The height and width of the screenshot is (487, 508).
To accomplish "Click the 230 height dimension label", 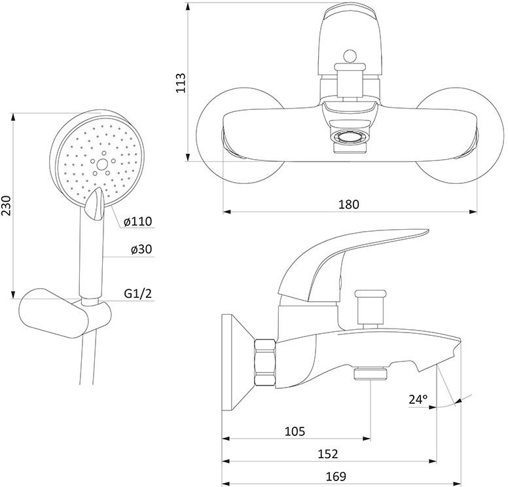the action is [7, 206].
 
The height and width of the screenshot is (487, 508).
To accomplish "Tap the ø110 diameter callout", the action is [138, 222].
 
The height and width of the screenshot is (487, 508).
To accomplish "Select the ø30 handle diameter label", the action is [141, 249].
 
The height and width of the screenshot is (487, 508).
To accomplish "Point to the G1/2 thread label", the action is [138, 293].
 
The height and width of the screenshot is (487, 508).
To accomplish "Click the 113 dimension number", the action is [181, 83].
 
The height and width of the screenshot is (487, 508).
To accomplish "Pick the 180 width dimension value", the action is [349, 204].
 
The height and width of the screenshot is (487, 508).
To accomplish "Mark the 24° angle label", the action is [418, 399].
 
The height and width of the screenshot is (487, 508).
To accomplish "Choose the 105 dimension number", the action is [295, 431].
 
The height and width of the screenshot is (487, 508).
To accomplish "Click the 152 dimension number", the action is [327, 454].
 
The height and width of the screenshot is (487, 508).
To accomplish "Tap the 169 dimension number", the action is [336, 477].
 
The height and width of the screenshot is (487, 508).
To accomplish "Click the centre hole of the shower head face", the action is [102, 165].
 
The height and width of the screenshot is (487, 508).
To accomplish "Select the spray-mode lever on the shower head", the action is [94, 205].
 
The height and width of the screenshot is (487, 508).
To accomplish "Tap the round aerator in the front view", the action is [350, 136].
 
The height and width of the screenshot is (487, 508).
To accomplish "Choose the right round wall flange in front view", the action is [460, 135].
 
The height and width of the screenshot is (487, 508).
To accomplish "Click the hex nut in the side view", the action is [264, 362].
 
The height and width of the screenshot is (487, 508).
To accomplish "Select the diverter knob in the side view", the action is [371, 308].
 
